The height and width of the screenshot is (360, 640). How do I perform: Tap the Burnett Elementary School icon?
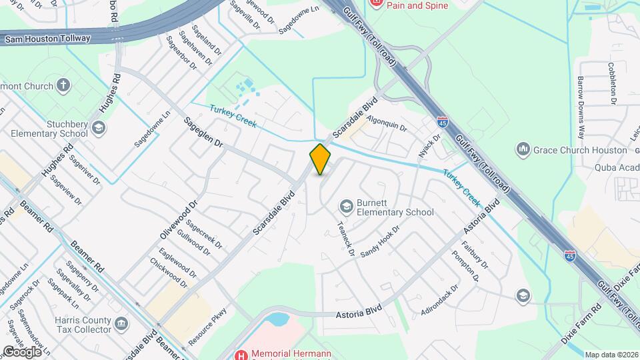pyautogui.click(x=345, y=206)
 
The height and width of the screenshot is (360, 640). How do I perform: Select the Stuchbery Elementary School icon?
pyautogui.click(x=99, y=127)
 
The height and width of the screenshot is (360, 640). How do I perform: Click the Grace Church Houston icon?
pyautogui.click(x=523, y=149)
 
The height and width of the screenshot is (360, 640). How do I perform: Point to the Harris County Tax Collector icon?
pyautogui.click(x=121, y=324)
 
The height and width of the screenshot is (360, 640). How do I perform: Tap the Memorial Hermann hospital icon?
pyautogui.click(x=241, y=354)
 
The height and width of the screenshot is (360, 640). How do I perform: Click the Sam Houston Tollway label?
pyautogui.click(x=47, y=39)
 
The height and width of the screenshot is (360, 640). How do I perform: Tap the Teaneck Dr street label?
pyautogui.click(x=345, y=239)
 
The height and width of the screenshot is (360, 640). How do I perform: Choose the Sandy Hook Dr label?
pyautogui.click(x=379, y=242)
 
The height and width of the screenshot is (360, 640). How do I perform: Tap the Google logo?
pyautogui.click(x=21, y=351)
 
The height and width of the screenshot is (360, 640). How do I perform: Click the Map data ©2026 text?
pyautogui.click(x=611, y=355)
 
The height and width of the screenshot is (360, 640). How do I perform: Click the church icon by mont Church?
pyautogui.click(x=63, y=85)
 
